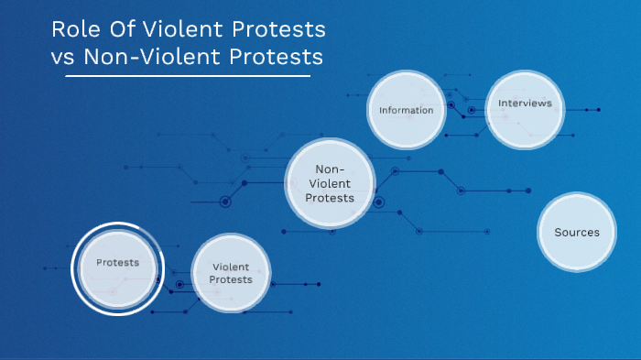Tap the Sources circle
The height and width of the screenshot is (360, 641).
pos(577,232)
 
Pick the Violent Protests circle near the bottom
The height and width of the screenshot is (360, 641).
pos(231,273)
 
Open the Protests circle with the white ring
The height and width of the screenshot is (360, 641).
pos(118,268)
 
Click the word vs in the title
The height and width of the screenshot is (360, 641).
pos(63,56)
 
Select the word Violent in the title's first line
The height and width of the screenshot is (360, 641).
pos(178,29)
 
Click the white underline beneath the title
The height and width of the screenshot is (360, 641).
pos(188,76)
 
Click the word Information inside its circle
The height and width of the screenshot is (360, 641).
pos(406,110)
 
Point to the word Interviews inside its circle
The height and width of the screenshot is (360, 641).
pos(525,104)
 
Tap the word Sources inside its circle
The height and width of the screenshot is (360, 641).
pos(577,232)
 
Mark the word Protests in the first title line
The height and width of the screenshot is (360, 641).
pos(275,29)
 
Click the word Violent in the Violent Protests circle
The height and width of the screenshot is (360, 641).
pos(231,267)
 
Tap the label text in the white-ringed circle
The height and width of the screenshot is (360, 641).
pos(118,263)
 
